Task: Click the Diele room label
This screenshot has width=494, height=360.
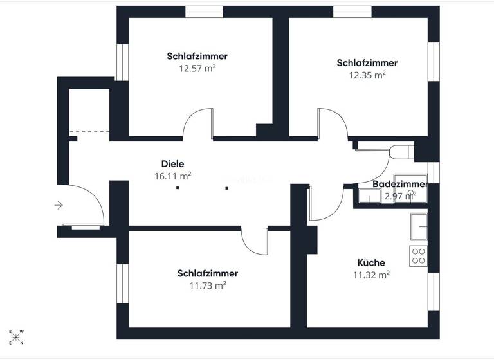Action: (172, 164)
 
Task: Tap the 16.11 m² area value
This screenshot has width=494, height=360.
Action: (172, 175)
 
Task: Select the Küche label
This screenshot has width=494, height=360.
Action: (371, 262)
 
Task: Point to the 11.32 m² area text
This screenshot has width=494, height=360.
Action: (371, 274)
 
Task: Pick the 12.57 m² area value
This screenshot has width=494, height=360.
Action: (197, 68)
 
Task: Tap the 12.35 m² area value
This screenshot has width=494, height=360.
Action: (367, 75)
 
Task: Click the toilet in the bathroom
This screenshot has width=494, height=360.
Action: (402, 152)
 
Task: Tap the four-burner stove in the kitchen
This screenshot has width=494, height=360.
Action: (418, 256)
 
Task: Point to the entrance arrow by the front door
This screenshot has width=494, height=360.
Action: (59, 205)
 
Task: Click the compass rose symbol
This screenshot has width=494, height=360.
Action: (17, 337)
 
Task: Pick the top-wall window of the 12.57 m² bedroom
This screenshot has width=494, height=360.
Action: (204, 11)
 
